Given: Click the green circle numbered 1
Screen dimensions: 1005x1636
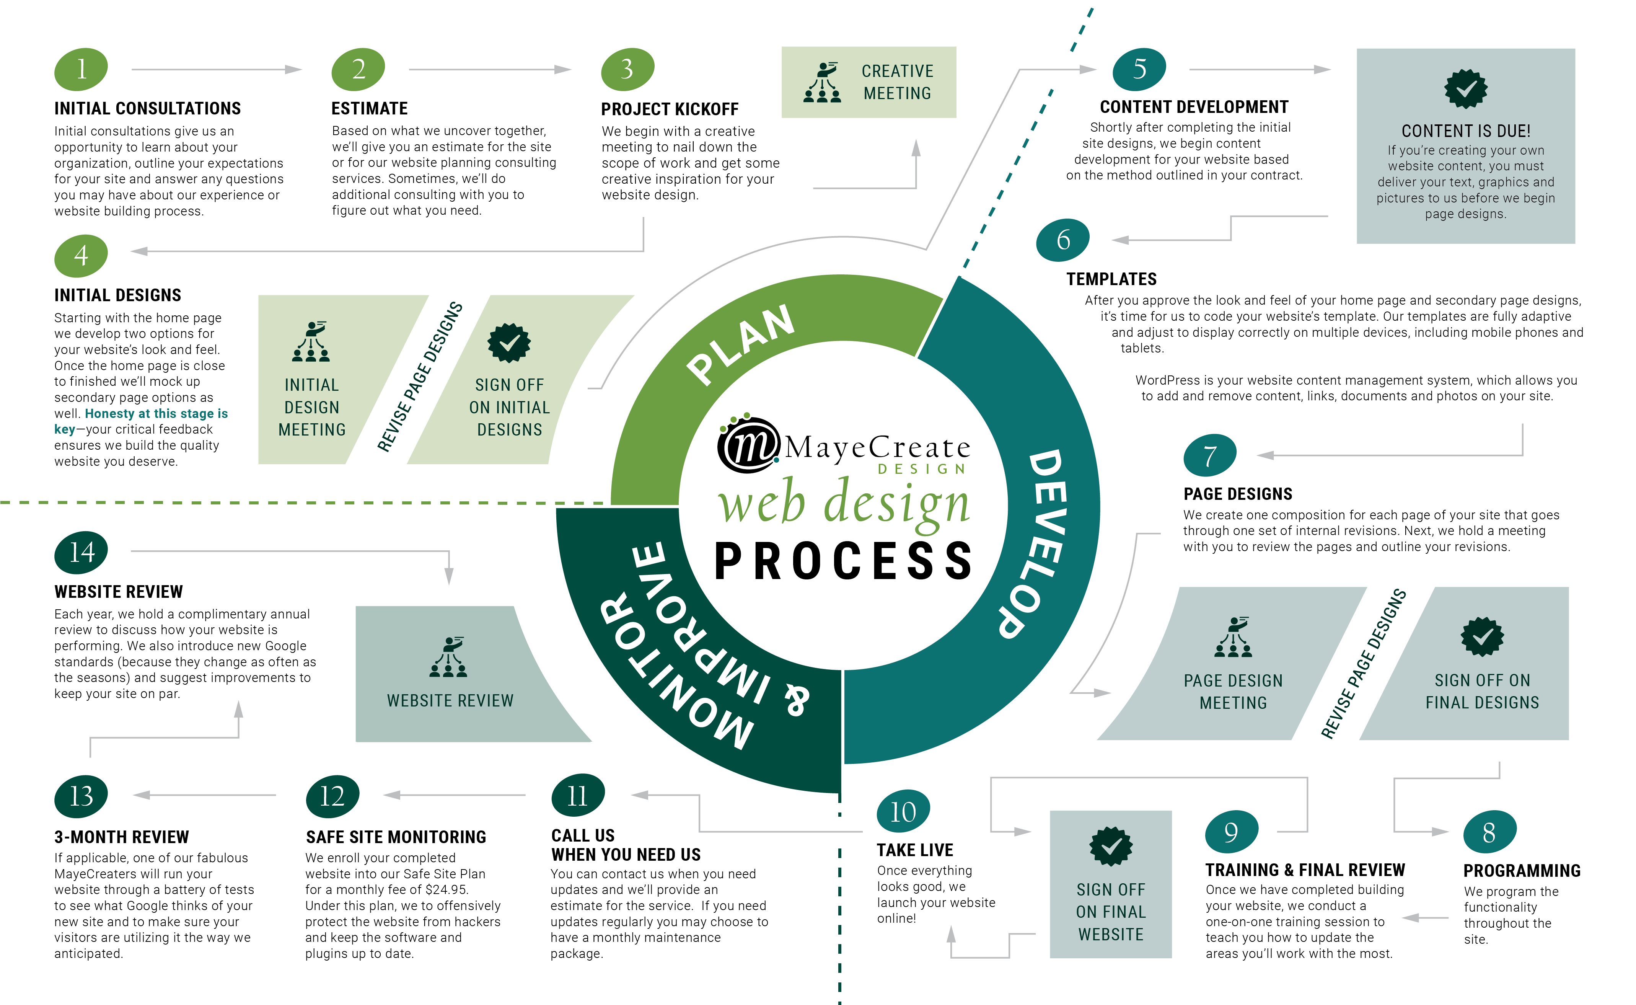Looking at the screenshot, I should coord(81,69).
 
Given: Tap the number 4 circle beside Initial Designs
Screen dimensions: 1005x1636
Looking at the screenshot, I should coord(81,255).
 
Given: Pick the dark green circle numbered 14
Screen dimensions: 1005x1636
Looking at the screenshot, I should coord(81,552).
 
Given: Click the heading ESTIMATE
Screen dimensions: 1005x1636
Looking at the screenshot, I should coord(370,108).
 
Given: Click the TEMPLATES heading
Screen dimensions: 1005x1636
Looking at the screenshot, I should coord(1111,279).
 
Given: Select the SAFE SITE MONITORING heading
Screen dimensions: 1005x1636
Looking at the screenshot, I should coord(396,837).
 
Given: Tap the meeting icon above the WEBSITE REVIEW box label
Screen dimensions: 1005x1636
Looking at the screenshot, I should coord(449,657).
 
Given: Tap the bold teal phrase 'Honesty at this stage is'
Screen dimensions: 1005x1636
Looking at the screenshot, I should coord(156,413).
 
